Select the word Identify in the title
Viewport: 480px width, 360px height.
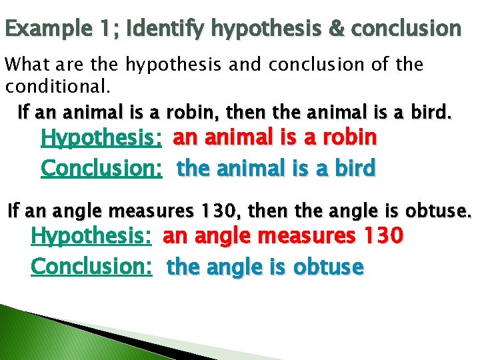pos(166,28)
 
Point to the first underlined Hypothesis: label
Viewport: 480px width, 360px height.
pos(102,138)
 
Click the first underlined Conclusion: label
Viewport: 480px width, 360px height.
pos(102,168)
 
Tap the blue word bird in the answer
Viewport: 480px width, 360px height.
pos(354,168)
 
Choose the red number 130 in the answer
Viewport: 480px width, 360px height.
pos(380,235)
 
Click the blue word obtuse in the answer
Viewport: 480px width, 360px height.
pos(331,267)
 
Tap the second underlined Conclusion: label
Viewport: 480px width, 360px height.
pos(92,266)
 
